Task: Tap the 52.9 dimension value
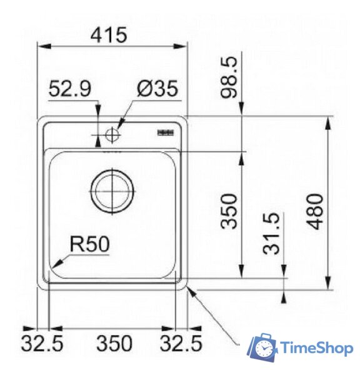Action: click(69, 89)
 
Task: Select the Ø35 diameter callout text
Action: click(157, 89)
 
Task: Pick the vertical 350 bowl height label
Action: click(230, 211)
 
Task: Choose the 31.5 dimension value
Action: click(272, 234)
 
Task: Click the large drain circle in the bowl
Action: click(112, 191)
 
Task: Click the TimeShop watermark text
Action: click(317, 348)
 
